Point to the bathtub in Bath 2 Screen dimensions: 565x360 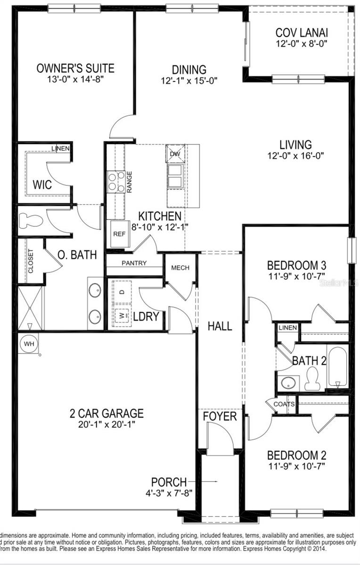338,366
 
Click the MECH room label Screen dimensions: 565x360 180,268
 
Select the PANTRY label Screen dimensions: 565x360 134,263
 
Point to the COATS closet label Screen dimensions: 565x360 284,404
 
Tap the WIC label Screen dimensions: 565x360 42,184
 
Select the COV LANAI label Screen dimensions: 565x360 302,33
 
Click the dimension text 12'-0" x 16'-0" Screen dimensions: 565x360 295,155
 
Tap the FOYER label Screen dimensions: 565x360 220,417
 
